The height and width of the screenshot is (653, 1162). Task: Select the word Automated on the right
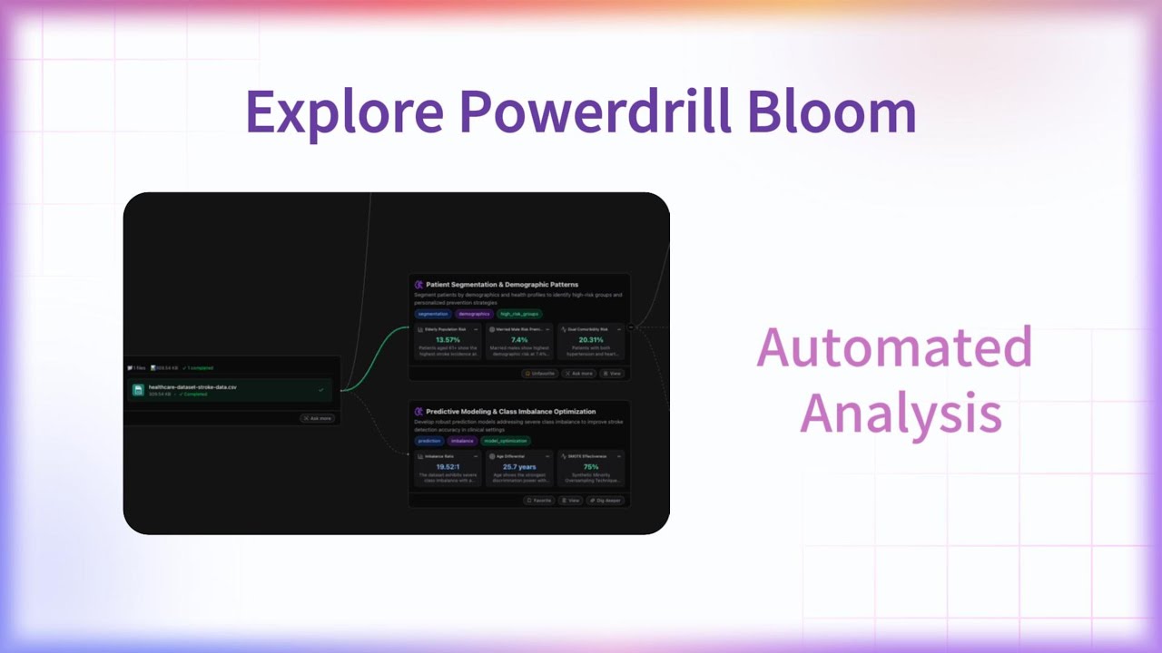coord(894,348)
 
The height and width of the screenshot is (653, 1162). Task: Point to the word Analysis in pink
coord(901,414)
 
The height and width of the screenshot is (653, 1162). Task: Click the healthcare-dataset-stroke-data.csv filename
coord(192,387)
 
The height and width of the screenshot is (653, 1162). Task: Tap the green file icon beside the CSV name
coord(138,390)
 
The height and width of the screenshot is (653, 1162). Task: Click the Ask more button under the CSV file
coord(318,418)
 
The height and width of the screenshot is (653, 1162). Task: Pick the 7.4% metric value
coord(519,340)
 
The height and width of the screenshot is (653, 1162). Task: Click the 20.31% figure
coord(591,340)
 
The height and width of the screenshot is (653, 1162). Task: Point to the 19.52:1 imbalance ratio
coord(448,467)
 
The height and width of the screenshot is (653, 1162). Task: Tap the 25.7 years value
coord(519,467)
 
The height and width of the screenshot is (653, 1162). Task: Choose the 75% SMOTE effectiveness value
coord(591,467)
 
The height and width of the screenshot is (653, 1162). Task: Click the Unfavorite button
coord(540,373)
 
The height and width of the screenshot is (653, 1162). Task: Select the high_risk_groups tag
coord(519,314)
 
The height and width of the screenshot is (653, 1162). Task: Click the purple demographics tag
coord(474,314)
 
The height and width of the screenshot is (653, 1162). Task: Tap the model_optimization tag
coord(506,441)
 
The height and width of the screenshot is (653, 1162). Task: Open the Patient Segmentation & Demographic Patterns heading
coord(501,285)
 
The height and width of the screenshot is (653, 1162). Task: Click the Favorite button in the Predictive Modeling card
coord(539,500)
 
